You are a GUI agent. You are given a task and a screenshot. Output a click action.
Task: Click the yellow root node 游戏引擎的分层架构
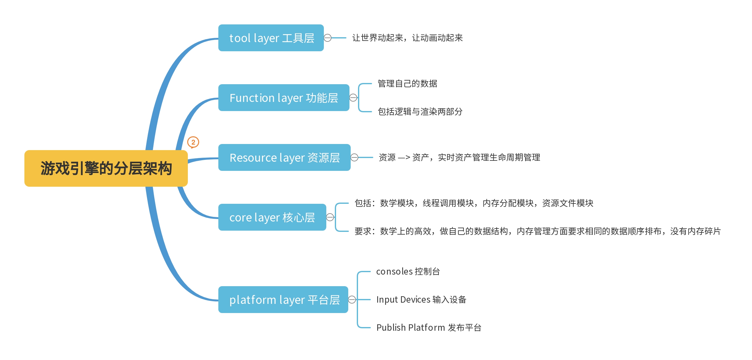106,168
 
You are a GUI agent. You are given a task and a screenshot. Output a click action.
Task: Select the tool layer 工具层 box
271,38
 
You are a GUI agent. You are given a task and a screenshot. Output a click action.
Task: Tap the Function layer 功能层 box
284,98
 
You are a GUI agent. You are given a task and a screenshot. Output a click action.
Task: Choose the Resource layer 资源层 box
284,157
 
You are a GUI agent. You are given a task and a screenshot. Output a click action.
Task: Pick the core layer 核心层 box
272,217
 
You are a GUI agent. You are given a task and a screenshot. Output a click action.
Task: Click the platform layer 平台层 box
283,300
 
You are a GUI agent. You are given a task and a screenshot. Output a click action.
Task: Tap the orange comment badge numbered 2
193,142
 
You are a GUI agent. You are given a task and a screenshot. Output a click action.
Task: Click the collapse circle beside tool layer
328,38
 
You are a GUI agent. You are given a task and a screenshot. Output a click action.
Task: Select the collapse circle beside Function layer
353,98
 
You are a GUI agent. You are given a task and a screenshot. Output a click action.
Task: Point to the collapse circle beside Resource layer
354,157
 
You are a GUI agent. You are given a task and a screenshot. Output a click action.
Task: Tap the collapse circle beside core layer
330,217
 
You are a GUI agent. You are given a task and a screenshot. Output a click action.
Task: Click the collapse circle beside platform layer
352,300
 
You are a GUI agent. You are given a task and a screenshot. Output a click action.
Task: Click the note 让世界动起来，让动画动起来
407,38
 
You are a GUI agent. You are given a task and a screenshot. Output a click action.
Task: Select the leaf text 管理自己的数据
407,84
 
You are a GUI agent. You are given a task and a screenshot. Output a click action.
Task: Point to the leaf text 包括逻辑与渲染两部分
420,112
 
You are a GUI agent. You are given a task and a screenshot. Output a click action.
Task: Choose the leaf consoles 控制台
408,272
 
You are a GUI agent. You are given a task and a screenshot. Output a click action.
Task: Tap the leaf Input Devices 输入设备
421,300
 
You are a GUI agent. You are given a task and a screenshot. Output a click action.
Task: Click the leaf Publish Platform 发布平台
429,328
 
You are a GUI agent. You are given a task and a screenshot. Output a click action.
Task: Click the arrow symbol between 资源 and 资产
404,158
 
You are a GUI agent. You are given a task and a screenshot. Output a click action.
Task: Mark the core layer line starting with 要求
537,231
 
